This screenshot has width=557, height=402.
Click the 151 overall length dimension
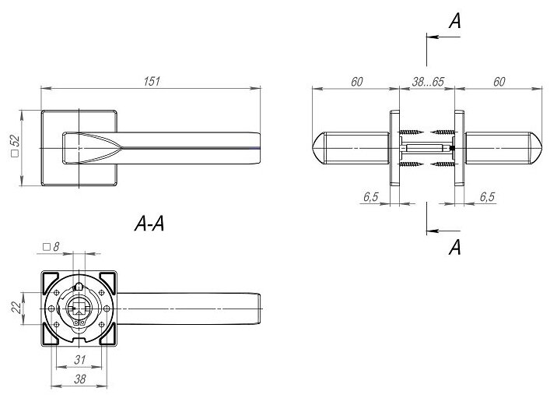[152, 80]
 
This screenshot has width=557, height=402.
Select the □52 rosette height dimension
[15, 146]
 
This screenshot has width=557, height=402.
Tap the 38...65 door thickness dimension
[426, 80]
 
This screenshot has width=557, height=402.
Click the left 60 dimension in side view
[357, 80]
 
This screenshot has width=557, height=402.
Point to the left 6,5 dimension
[370, 197]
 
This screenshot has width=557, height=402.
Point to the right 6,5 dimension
[487, 197]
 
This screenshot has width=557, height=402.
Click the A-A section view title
[151, 226]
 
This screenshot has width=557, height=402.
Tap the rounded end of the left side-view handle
[320, 147]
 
